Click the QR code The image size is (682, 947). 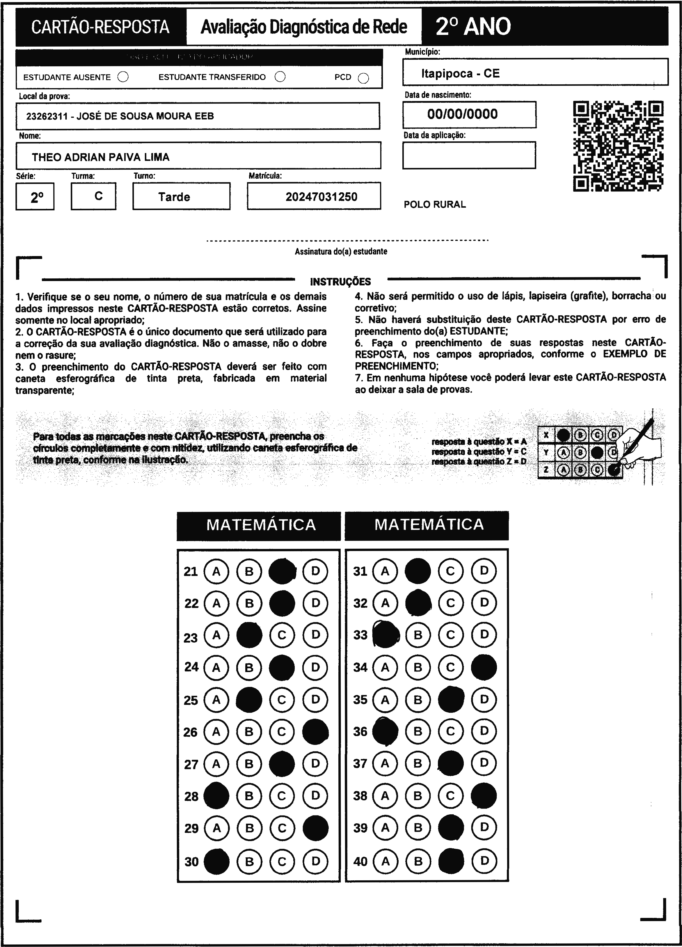[618, 146]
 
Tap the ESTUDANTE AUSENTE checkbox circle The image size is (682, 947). [123, 77]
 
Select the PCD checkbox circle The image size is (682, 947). [363, 78]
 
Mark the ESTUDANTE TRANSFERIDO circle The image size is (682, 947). [280, 77]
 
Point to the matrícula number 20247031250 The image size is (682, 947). [321, 197]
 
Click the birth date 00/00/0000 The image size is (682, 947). [462, 114]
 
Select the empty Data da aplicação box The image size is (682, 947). [469, 155]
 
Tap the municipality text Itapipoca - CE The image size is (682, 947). [460, 74]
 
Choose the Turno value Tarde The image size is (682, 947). [174, 197]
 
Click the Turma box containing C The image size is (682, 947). [94, 196]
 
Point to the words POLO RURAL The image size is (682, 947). [434, 205]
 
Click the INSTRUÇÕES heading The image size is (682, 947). [340, 282]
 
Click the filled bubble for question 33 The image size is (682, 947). [385, 635]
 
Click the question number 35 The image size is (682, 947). [360, 699]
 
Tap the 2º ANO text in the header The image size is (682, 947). [473, 27]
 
